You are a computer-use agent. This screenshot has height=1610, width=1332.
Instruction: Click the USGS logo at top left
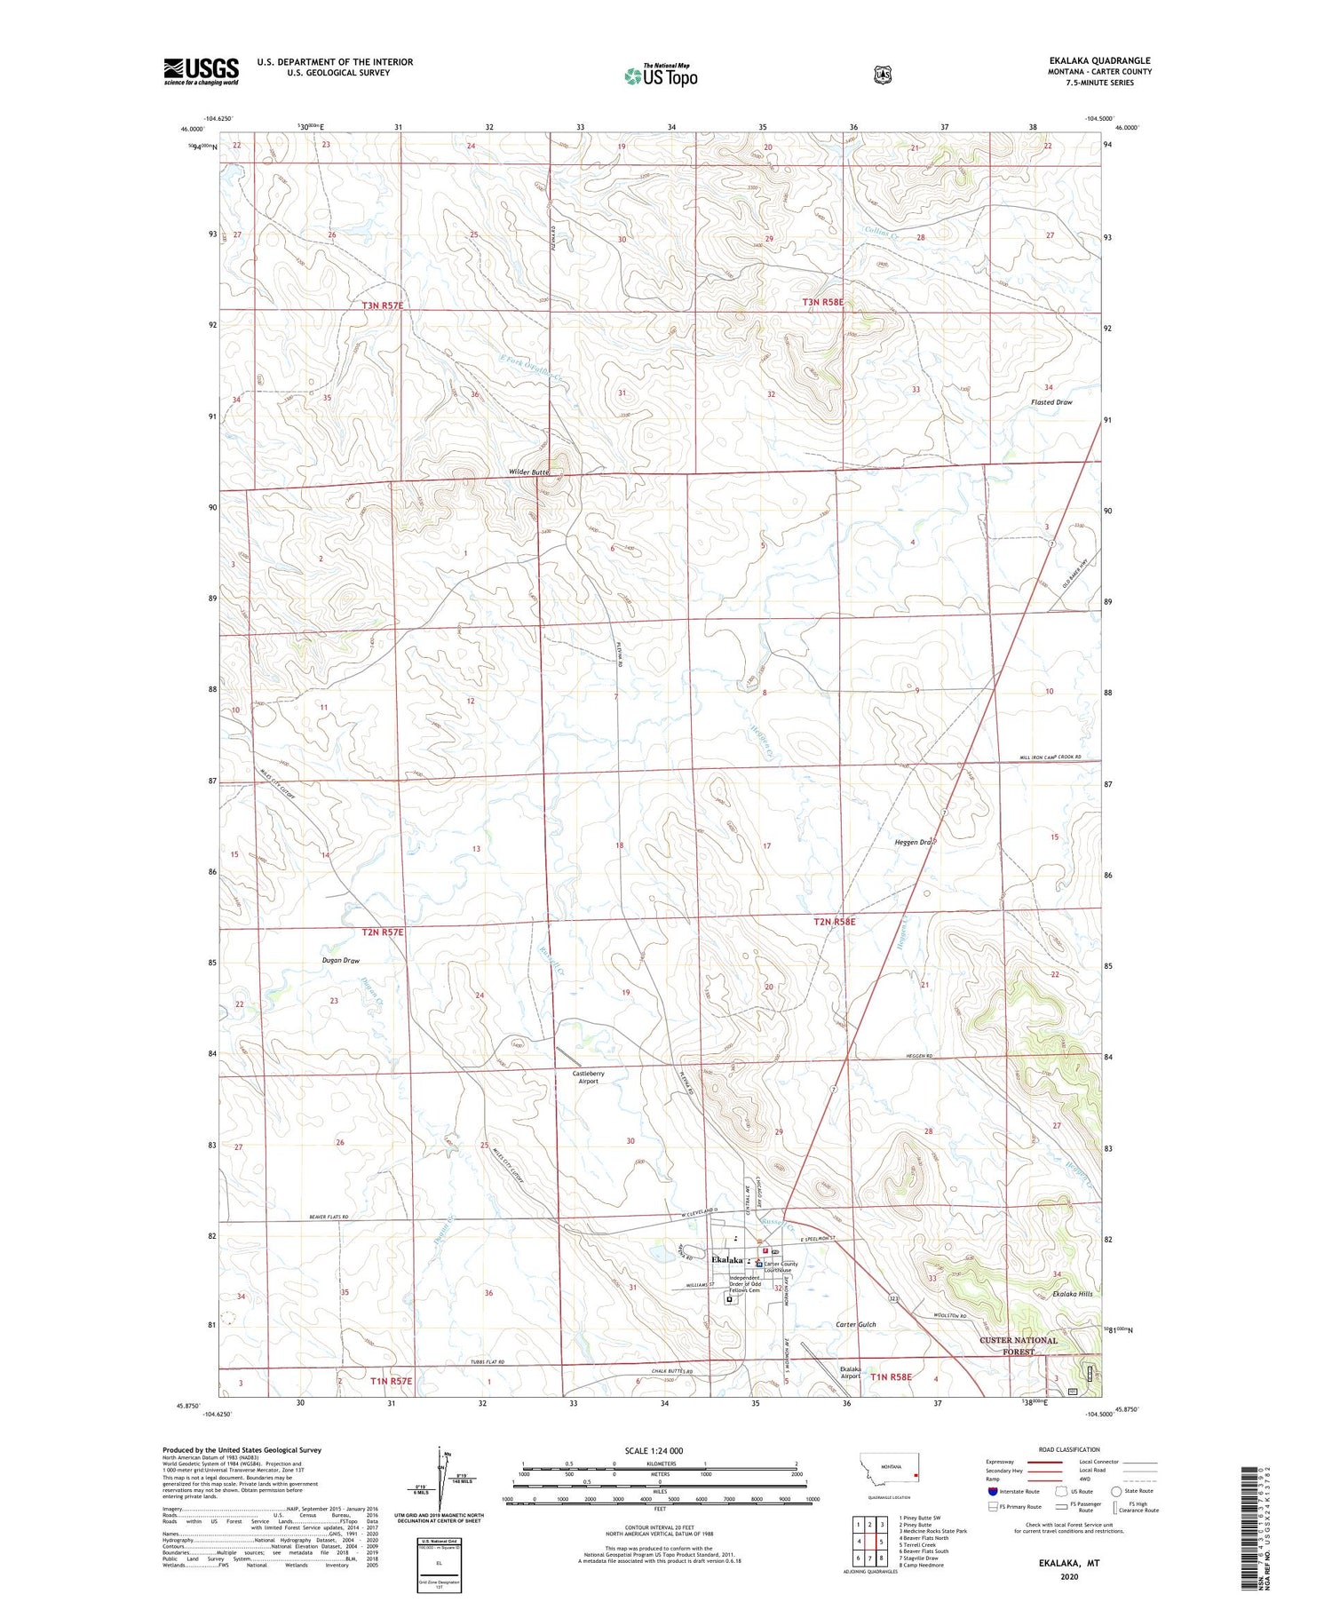pyautogui.click(x=201, y=71)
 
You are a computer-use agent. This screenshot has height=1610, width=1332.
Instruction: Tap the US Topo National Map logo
pyautogui.click(x=661, y=75)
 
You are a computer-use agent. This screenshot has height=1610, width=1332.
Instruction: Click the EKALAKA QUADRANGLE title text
pyautogui.click(x=1099, y=60)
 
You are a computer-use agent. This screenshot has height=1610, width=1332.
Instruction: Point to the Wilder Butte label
pyautogui.click(x=529, y=472)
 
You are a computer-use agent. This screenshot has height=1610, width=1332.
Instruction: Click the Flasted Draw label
pyautogui.click(x=1051, y=402)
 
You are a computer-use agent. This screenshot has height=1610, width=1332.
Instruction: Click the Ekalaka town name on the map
pyautogui.click(x=727, y=1259)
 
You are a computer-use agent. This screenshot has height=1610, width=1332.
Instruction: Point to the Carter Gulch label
pyautogui.click(x=856, y=1324)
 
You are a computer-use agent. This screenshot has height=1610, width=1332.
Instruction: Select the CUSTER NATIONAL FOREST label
pyautogui.click(x=1019, y=1345)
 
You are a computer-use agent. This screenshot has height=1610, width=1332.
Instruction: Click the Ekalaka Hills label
pyautogui.click(x=1071, y=1294)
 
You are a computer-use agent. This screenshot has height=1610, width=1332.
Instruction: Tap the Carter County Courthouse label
pyautogui.click(x=781, y=1267)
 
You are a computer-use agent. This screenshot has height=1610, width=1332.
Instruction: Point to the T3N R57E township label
pyautogui.click(x=383, y=305)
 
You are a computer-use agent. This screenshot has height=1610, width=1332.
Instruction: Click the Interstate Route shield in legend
pyautogui.click(x=993, y=1491)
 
